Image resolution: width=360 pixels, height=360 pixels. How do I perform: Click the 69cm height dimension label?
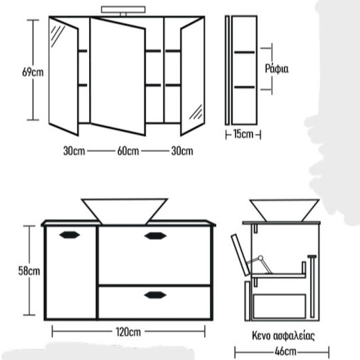(x=33, y=72)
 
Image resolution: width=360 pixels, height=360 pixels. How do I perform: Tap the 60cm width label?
(x=128, y=151)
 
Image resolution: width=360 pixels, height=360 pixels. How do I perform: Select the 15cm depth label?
(x=243, y=134)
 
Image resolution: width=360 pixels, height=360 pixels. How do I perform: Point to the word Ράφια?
(x=277, y=69)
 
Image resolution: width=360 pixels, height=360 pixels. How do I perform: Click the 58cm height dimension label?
(x=29, y=271)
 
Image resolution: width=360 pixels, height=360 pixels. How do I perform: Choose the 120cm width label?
(x=129, y=332)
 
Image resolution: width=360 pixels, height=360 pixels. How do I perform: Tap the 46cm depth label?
(x=285, y=351)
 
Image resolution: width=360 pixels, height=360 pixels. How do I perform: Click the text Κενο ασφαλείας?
(x=283, y=335)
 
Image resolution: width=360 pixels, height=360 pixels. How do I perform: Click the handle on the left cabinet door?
(x=69, y=235)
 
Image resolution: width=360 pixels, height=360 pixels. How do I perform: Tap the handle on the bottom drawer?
(x=155, y=295)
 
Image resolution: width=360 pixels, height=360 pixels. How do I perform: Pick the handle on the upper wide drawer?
(x=155, y=236)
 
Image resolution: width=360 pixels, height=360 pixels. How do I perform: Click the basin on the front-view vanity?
(x=125, y=211)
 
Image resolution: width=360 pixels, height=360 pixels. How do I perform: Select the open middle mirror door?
(x=117, y=76)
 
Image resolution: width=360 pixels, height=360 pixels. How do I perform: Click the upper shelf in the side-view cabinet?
(x=245, y=53)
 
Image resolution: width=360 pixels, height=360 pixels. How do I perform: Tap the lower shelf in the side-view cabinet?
(x=245, y=87)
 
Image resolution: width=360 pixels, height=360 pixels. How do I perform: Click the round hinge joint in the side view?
(x=261, y=258)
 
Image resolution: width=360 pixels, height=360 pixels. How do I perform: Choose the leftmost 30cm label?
(x=74, y=151)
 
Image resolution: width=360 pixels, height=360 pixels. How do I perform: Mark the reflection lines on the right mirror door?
(x=196, y=112)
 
